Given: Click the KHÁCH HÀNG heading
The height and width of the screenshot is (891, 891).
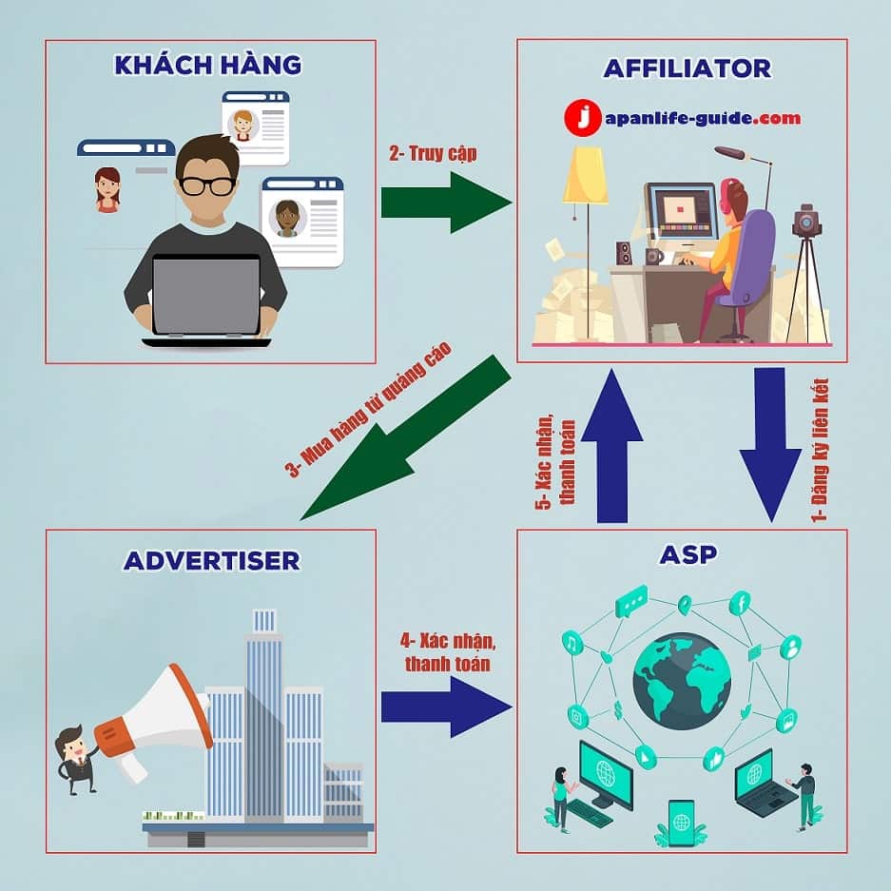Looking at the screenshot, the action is tap(208, 64).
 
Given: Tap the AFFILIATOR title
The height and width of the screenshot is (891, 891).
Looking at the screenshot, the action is tap(687, 68).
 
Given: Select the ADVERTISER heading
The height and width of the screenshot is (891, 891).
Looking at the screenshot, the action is tap(211, 561).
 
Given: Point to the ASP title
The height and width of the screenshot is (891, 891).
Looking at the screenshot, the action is tap(688, 554).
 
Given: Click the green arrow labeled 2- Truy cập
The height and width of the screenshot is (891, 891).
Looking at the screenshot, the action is tap(446, 203).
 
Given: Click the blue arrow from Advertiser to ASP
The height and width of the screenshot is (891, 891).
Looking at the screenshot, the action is tap(446, 707).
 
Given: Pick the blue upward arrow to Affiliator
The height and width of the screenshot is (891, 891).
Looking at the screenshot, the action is tap(612, 445).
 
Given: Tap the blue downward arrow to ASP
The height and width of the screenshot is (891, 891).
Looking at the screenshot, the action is tap(770, 444).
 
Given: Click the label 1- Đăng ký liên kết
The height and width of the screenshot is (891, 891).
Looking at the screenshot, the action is tap(820, 450).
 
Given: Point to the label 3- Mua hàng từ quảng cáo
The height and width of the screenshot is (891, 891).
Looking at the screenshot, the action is tap(369, 409).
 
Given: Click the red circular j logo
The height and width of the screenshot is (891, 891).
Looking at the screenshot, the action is tap(583, 118).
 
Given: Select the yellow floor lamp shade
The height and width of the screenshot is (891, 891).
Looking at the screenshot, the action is tap(586, 175).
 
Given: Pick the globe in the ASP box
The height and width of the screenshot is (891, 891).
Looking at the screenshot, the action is tap(682, 681).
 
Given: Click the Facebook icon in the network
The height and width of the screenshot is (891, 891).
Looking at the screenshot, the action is tap(741, 603).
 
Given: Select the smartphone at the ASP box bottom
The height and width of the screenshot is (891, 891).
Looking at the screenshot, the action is tap(681, 823).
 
